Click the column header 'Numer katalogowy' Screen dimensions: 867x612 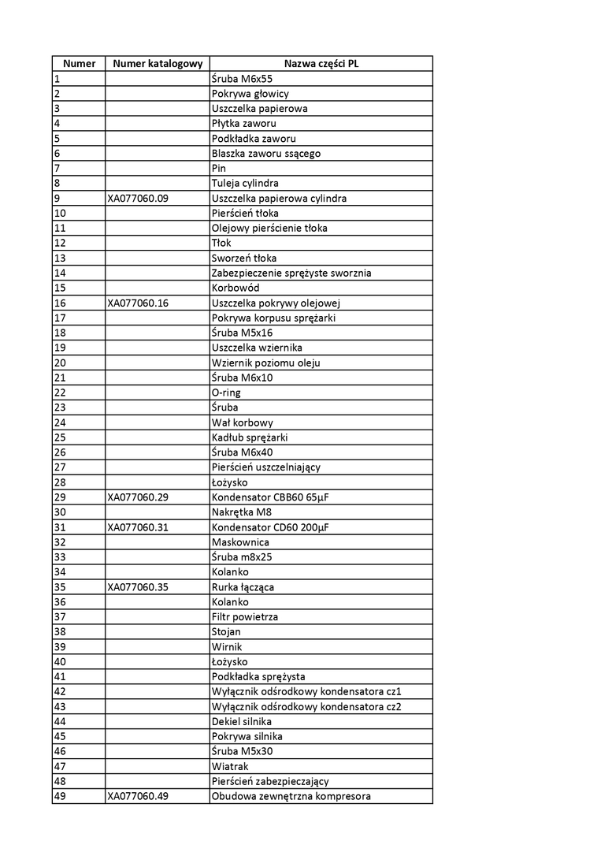click(158, 64)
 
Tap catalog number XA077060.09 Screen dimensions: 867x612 click(138, 199)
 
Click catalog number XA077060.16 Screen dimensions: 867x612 click(138, 303)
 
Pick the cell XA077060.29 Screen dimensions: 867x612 click(138, 497)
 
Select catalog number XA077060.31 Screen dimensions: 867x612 click(138, 527)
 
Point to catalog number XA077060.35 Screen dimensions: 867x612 click(138, 587)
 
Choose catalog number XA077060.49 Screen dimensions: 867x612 click(138, 796)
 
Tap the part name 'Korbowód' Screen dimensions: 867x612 click(236, 288)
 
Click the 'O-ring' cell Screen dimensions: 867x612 click(227, 393)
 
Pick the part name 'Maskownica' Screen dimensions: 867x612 click(240, 542)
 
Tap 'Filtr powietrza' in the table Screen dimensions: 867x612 click(245, 617)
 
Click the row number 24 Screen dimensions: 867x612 click(60, 422)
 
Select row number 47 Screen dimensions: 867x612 click(60, 766)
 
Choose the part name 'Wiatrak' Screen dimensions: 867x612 click(230, 766)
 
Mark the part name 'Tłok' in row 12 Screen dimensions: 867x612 click(221, 244)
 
